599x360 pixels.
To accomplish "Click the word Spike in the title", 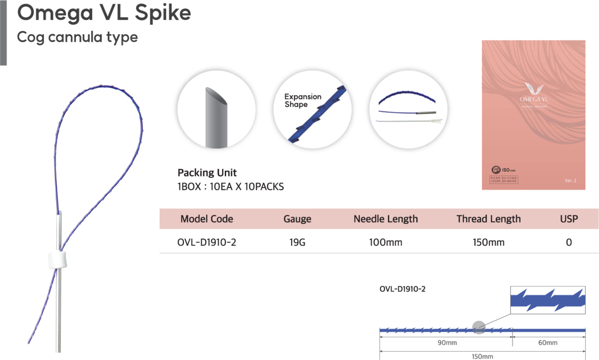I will coord(163,14).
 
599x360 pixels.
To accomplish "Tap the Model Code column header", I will coord(207,219).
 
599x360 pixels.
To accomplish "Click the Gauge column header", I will coord(297,219).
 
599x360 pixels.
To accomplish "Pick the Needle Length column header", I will coord(385,219).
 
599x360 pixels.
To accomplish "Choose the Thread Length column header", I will coord(488,219).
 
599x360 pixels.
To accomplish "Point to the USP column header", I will coord(569,219).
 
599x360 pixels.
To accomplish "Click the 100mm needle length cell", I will coord(385,242).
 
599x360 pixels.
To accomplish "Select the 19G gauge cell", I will coord(297,242).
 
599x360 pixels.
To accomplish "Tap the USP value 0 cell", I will coord(569,242).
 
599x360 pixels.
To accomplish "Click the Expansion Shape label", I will coord(303,100).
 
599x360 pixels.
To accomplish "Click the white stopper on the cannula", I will coord(56,260).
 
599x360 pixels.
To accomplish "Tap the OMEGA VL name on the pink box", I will coord(534,100).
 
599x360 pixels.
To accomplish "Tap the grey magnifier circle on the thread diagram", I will coord(479,328).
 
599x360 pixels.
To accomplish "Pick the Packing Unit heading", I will coord(207,172).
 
